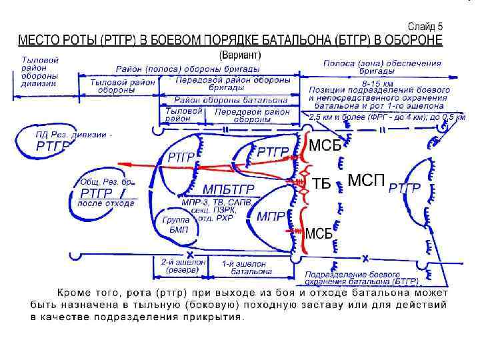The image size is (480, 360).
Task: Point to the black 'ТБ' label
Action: [321, 183]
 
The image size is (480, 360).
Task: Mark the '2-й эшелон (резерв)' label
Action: [181, 267]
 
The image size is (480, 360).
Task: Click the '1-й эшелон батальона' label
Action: [245, 267]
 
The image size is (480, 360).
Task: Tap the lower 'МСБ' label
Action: [319, 233]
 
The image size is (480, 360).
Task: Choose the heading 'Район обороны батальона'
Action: [225, 99]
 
